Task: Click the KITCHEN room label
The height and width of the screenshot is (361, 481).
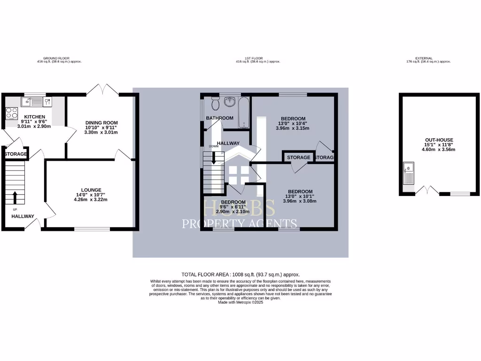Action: (35, 117)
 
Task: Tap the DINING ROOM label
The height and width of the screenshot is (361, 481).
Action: (101, 123)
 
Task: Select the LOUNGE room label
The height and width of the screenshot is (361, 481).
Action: (91, 190)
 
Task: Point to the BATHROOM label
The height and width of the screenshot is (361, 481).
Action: (219, 118)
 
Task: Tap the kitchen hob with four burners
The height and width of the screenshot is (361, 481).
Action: (11, 113)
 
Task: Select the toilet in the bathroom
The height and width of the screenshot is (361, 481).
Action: (215, 102)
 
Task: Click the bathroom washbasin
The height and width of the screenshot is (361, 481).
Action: (230, 101)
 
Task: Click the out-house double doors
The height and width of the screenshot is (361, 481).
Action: (427, 190)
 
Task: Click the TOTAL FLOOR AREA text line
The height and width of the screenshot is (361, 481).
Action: (240, 275)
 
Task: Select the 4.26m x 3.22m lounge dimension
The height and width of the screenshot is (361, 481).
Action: (91, 199)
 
